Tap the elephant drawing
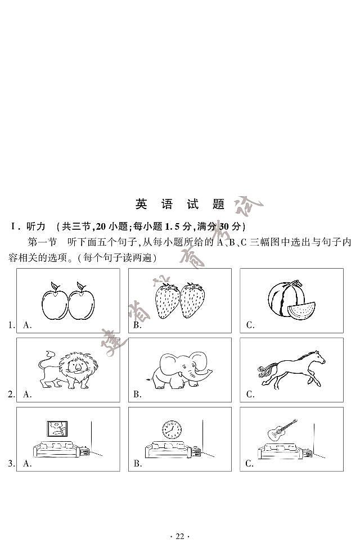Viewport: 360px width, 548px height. point(180,370)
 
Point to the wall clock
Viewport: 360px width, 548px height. point(172,430)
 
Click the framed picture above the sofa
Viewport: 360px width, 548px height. point(58,430)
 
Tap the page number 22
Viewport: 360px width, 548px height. point(180,536)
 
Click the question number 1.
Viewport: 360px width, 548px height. point(11,325)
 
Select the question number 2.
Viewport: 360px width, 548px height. point(11,395)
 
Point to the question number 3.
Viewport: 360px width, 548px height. point(11,464)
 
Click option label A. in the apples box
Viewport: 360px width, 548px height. point(27,325)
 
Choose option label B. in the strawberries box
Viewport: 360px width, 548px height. point(137,325)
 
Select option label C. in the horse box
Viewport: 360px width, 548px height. point(250,395)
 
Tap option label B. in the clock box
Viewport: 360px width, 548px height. point(137,464)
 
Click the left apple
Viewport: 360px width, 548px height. point(54,302)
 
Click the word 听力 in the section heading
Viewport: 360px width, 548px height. point(35,227)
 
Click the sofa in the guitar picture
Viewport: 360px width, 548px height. point(278,450)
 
